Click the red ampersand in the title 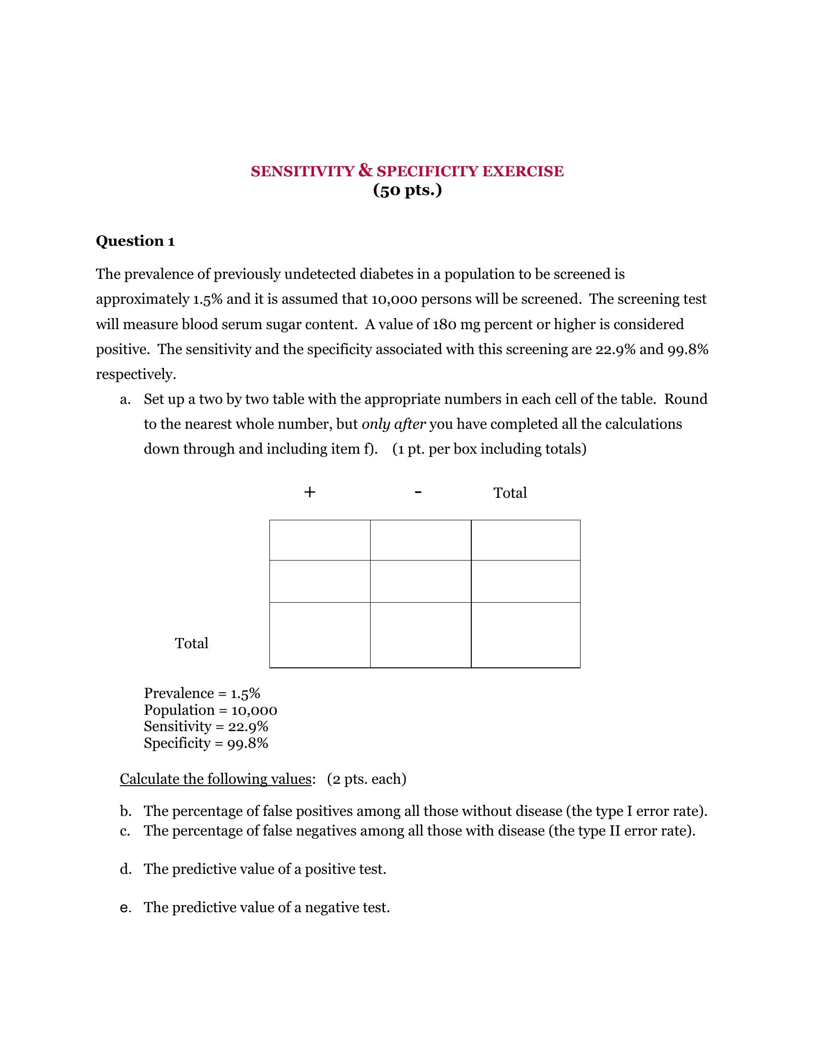click(x=365, y=171)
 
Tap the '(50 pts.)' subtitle click(x=407, y=190)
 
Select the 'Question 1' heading click(x=135, y=241)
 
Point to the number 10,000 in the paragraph click(x=394, y=299)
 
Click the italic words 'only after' click(x=394, y=424)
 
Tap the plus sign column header click(x=310, y=492)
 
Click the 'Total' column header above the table click(x=510, y=493)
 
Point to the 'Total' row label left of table click(x=192, y=643)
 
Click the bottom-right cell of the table click(x=525, y=635)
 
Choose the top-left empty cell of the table click(x=320, y=540)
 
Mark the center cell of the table click(x=420, y=581)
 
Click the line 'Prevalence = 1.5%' click(x=202, y=694)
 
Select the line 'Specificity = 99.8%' click(x=206, y=743)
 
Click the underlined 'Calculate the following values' click(x=215, y=779)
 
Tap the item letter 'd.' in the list click(x=126, y=869)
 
